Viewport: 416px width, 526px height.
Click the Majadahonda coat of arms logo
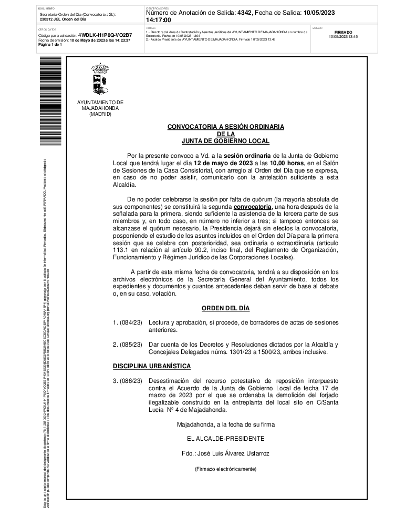pos(100,80)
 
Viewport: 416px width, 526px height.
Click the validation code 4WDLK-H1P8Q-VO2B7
pos(105,35)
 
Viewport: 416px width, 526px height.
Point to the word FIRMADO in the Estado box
pos(343,32)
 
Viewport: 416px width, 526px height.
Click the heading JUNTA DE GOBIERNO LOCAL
pos(225,140)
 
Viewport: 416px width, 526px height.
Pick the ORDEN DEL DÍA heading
pos(225,308)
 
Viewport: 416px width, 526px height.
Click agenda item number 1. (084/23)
pos(128,322)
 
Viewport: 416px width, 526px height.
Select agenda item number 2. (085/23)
pos(128,345)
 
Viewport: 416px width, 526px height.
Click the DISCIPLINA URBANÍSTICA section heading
pos(152,366)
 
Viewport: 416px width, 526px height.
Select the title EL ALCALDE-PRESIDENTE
pos(225,438)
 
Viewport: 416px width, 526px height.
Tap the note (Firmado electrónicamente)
pos(225,469)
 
